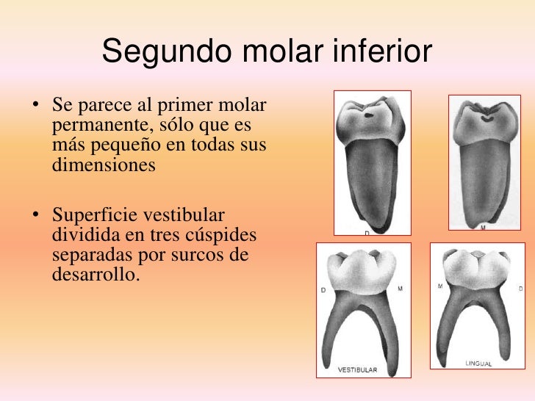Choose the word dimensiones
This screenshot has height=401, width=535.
click(x=104, y=165)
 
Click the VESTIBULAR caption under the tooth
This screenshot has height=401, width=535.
click(x=357, y=370)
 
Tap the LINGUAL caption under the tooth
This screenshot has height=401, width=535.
click(x=478, y=364)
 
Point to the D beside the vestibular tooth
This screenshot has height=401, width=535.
click(x=323, y=290)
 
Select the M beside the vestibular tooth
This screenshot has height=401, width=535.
click(x=400, y=289)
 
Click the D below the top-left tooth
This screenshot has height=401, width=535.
click(x=366, y=234)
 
